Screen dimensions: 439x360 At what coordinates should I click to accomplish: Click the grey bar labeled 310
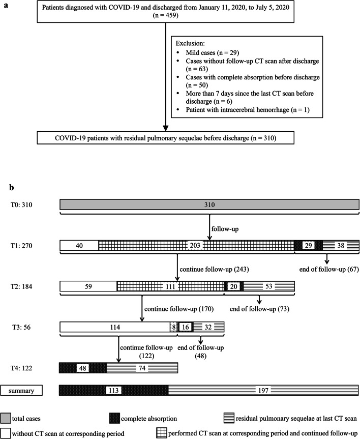click(209, 205)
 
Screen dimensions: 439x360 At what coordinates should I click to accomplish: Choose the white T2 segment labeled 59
click(88, 286)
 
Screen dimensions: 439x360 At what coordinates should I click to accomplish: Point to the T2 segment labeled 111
click(170, 286)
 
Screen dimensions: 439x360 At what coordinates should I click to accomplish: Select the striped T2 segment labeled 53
click(269, 286)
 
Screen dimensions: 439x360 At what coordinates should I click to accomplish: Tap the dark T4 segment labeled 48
click(82, 368)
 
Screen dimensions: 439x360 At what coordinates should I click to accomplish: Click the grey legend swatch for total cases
click(9, 418)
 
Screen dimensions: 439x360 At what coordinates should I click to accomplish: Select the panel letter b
click(12, 187)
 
